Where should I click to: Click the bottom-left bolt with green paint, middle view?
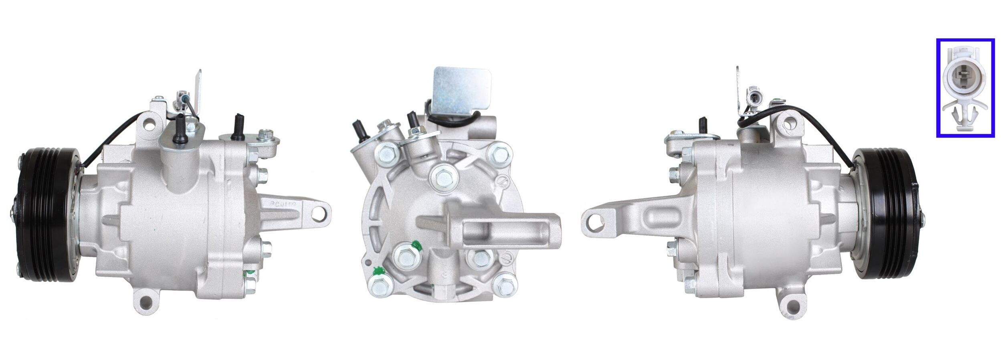coord(379,285)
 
